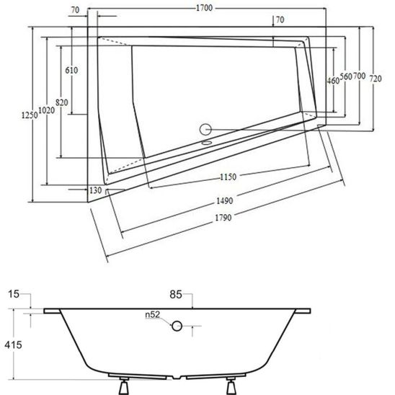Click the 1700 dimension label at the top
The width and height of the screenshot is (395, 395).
pos(204,8)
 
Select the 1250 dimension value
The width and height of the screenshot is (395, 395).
pos(30,115)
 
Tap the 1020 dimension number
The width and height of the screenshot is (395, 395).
pos(47,110)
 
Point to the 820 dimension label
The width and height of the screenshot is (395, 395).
pos(62,102)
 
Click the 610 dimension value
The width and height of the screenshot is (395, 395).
pos(71,70)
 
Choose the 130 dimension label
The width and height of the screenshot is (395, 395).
pos(95,190)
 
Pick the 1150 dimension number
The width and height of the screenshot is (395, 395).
pos(228,177)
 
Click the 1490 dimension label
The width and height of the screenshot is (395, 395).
pos(225,201)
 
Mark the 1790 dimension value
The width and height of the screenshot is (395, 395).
pos(223,217)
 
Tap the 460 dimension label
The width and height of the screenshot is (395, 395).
pos(333,81)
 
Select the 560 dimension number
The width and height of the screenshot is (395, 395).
pos(346,76)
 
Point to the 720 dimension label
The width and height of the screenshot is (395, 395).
pos(376,79)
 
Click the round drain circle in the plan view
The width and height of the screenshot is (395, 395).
pos(205,130)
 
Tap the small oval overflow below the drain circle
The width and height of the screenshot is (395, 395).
pos(207,143)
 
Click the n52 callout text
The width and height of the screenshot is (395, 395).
pos(153,314)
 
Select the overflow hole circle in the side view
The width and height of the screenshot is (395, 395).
pos(177,326)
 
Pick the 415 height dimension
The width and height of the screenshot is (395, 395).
pos(13,345)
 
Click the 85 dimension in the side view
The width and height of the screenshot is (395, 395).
pos(176,294)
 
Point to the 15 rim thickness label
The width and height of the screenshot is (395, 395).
pos(14,294)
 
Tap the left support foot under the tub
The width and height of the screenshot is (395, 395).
pos(123,386)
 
